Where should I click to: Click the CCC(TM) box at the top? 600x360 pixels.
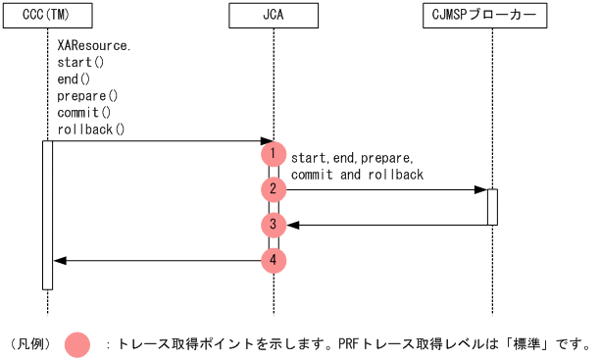(46, 17)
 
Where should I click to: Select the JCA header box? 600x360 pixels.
(275, 17)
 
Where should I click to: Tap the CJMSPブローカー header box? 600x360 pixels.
(490, 17)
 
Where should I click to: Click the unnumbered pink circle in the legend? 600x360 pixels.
(77, 344)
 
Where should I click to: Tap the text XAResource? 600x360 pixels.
(94, 46)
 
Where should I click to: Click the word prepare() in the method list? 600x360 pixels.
(87, 96)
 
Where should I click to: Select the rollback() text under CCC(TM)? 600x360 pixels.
(91, 129)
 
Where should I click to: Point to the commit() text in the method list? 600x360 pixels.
(84, 113)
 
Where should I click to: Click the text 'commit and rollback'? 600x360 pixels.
(357, 175)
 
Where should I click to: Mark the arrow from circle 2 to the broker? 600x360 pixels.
(382, 189)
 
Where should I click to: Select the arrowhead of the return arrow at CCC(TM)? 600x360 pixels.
(59, 260)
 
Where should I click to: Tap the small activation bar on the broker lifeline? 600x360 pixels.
(492, 206)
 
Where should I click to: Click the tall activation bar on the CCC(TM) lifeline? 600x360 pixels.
(46, 215)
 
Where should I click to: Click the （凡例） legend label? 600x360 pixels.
(30, 344)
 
